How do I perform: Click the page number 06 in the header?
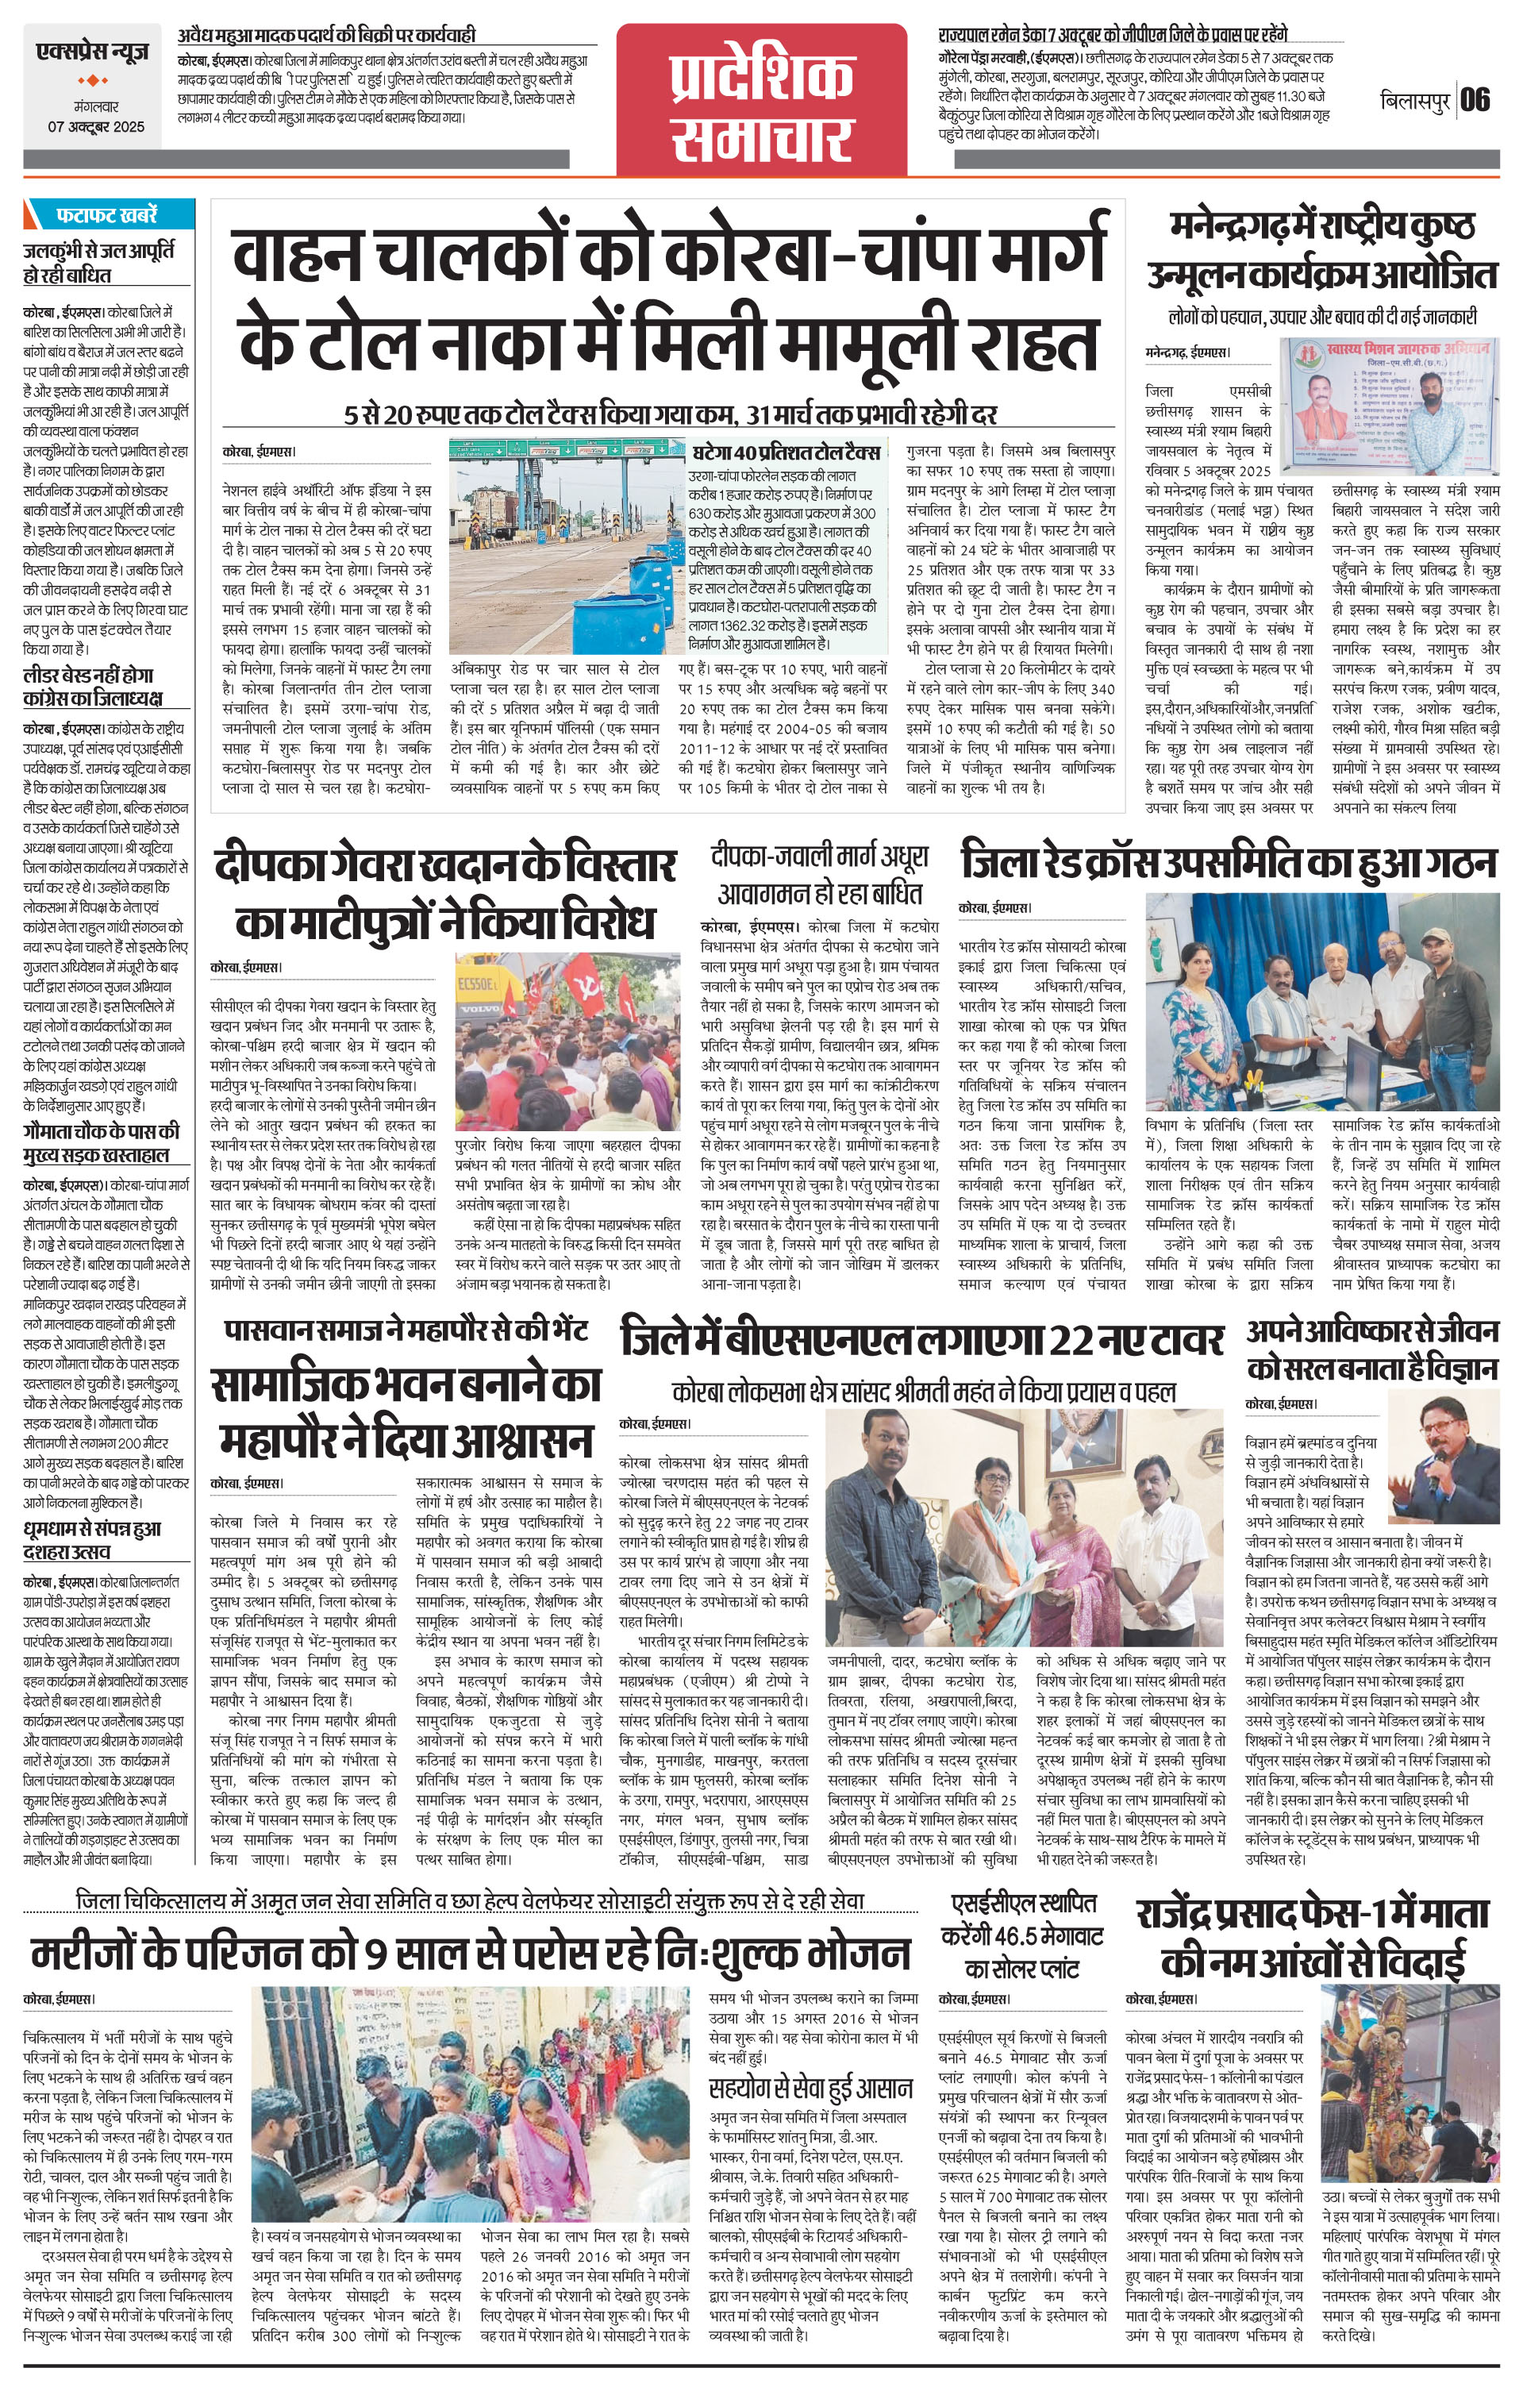[1475, 100]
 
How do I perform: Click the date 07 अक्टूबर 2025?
[94, 126]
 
